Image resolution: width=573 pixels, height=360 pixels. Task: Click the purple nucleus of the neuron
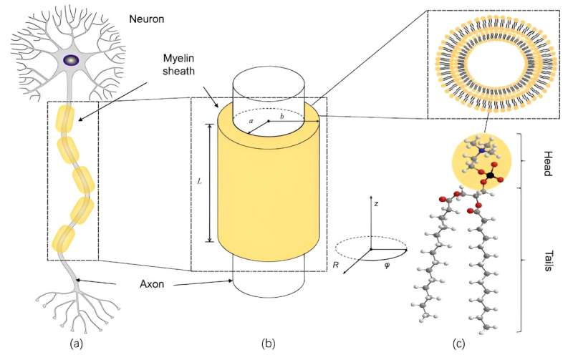click(x=72, y=62)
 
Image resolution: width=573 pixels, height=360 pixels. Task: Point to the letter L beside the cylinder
click(x=200, y=182)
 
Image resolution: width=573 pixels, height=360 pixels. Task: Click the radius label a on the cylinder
click(x=251, y=122)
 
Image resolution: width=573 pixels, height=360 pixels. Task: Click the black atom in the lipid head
click(x=488, y=175)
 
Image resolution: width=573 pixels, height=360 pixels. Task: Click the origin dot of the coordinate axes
click(x=371, y=249)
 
